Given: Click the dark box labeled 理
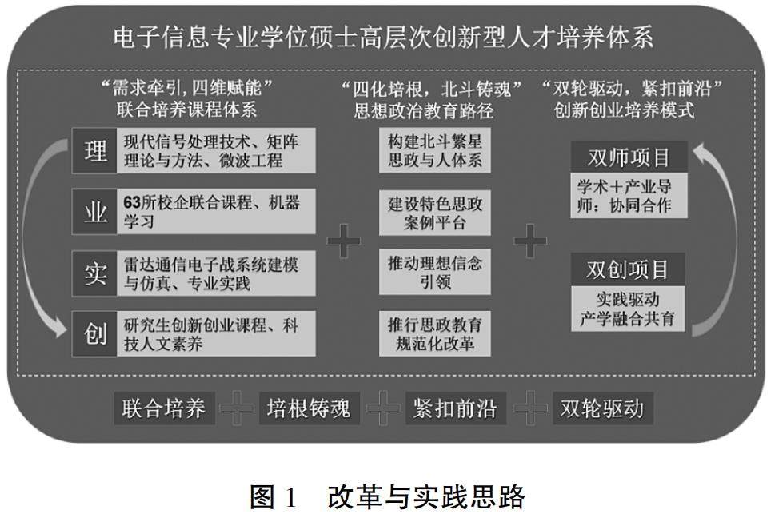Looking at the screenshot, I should [x=94, y=151].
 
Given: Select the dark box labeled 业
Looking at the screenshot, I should [x=94, y=212].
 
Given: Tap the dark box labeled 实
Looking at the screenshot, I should [x=94, y=273].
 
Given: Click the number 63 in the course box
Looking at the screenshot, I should [x=132, y=202].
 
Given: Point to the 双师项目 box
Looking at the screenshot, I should [x=628, y=157].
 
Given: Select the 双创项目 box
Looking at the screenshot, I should [x=628, y=269].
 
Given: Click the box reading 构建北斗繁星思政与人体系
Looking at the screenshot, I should [x=434, y=151].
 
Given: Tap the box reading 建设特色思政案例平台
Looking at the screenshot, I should [x=434, y=212].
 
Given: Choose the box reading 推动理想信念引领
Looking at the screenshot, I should [x=434, y=273].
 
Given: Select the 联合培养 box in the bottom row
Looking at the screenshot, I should [x=164, y=409].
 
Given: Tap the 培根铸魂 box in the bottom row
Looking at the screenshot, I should [x=309, y=409].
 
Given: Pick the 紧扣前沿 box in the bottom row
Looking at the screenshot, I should [x=454, y=409].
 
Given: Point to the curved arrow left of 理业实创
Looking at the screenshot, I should [x=40, y=240].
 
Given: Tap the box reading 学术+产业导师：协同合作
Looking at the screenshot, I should [x=628, y=194].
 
